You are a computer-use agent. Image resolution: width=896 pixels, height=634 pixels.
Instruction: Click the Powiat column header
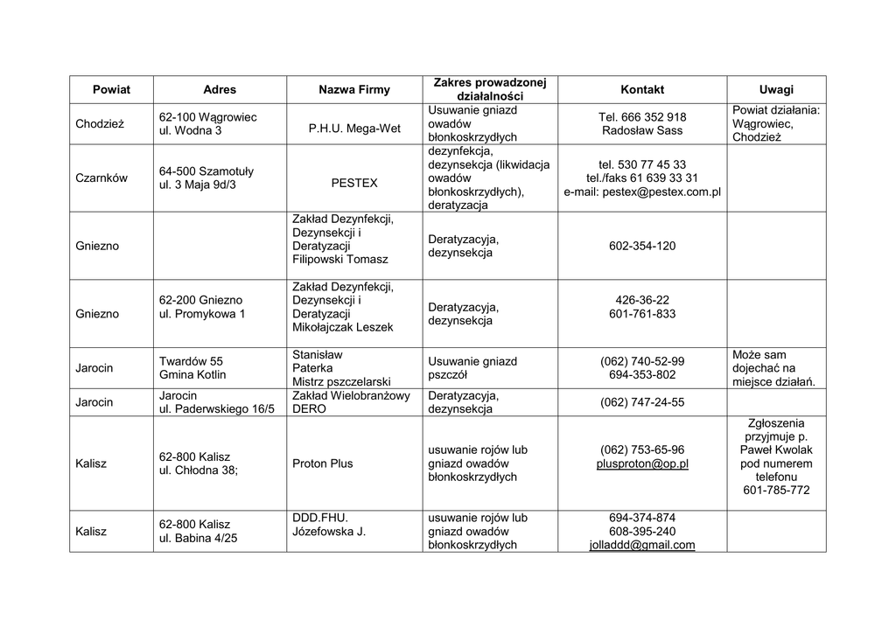[x=111, y=89]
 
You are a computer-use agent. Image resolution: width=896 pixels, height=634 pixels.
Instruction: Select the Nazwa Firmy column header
[x=354, y=89]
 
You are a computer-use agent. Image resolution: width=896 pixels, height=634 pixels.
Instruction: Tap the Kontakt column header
[x=642, y=89]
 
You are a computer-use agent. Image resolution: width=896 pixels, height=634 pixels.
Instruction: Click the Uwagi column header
[x=776, y=89]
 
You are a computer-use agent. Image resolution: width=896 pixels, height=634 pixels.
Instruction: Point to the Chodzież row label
[x=100, y=124]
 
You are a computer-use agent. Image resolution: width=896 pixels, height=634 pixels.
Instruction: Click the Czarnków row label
[x=101, y=178]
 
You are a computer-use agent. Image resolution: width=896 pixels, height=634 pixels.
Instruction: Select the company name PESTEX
[x=354, y=184]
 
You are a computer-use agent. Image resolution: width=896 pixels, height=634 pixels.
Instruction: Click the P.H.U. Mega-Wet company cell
[x=354, y=129]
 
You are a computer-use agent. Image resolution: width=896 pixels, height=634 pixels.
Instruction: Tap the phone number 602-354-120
[x=642, y=247]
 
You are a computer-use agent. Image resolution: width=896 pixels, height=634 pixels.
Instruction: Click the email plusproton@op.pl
[x=642, y=463]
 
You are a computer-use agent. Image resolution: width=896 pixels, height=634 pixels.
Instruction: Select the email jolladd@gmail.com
[x=642, y=545]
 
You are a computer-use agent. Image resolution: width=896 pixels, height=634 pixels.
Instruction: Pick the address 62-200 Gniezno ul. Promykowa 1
[x=202, y=307]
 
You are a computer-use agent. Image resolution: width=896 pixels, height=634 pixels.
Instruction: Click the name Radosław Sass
[x=642, y=131]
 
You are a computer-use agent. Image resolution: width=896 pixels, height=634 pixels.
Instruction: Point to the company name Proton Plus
[x=323, y=463]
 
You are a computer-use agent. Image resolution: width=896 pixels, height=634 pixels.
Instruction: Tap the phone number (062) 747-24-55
[x=642, y=402]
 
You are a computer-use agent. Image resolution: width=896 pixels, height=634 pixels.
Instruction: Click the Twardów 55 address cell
[x=192, y=368]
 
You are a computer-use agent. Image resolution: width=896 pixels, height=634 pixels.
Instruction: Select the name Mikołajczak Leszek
[x=343, y=327]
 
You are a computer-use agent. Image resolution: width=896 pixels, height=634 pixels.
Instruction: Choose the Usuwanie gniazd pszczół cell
[x=472, y=368]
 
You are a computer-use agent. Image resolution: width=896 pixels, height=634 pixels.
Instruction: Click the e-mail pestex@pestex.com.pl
[x=642, y=192]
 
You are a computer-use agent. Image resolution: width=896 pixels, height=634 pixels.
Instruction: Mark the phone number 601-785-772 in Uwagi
[x=776, y=491]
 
